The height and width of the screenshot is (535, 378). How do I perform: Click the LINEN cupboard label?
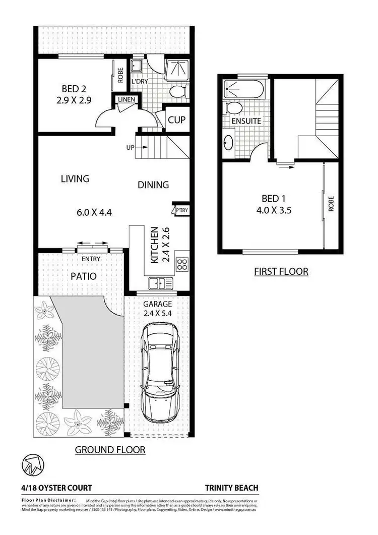point(126,99)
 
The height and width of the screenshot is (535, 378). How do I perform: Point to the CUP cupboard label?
point(176,121)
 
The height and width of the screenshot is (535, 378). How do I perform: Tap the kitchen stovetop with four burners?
point(182,265)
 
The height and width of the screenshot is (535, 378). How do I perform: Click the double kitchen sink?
point(161,283)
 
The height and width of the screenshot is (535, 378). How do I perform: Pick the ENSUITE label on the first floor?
point(246,122)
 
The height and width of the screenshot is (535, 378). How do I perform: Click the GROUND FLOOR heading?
point(110,450)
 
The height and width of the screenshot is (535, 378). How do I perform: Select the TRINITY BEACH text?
point(231,488)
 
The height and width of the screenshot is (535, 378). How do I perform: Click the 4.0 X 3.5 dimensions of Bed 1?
point(275,209)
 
